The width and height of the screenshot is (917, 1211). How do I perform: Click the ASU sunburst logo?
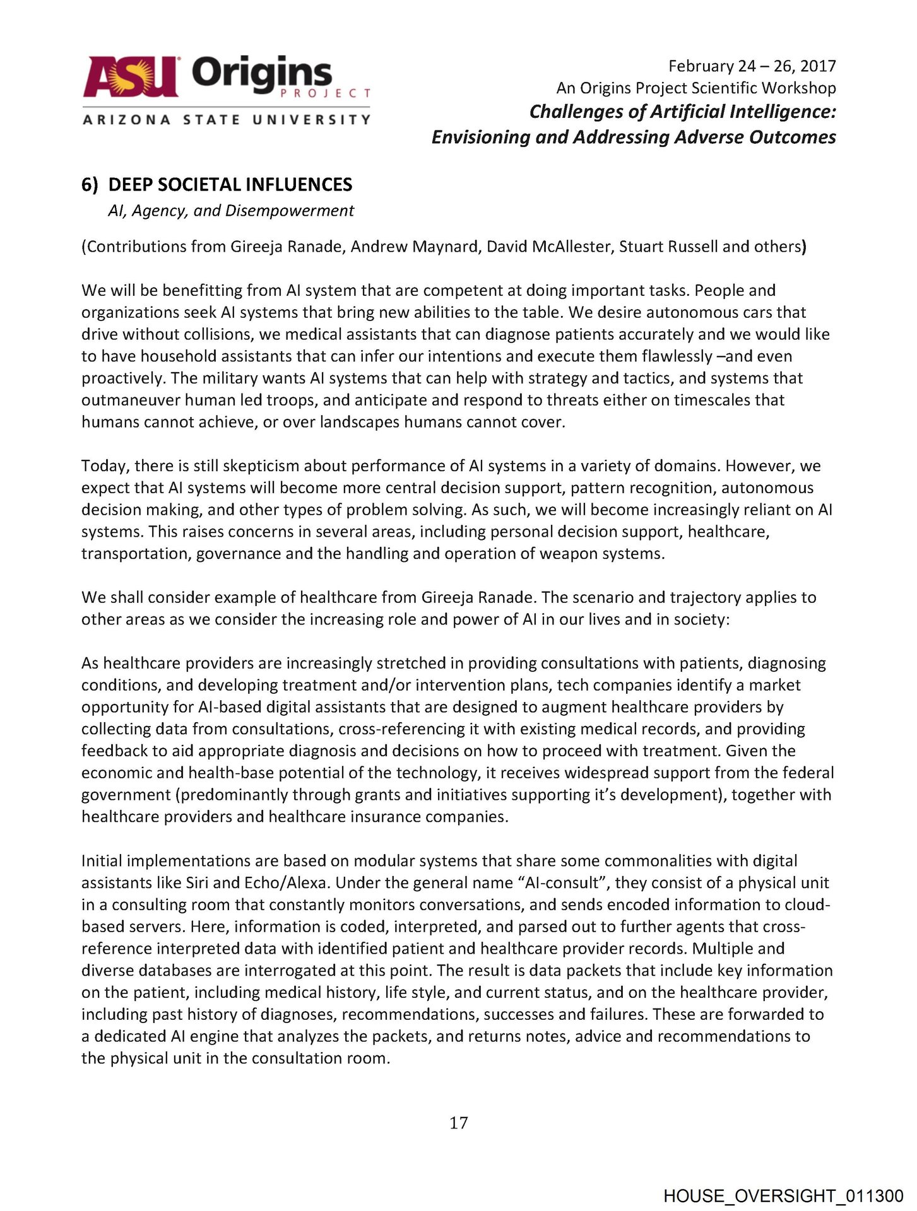click(x=131, y=77)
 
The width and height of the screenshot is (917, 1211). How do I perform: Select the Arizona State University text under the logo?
click(x=226, y=119)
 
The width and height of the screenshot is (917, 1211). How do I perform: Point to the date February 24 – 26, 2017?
click(x=752, y=66)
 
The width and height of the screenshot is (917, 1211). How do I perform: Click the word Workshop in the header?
click(x=798, y=88)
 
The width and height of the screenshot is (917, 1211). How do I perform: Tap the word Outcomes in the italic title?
click(x=792, y=137)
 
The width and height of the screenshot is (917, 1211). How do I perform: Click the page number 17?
click(x=459, y=1123)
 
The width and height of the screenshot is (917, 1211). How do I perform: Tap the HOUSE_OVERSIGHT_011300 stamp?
click(x=783, y=1196)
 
